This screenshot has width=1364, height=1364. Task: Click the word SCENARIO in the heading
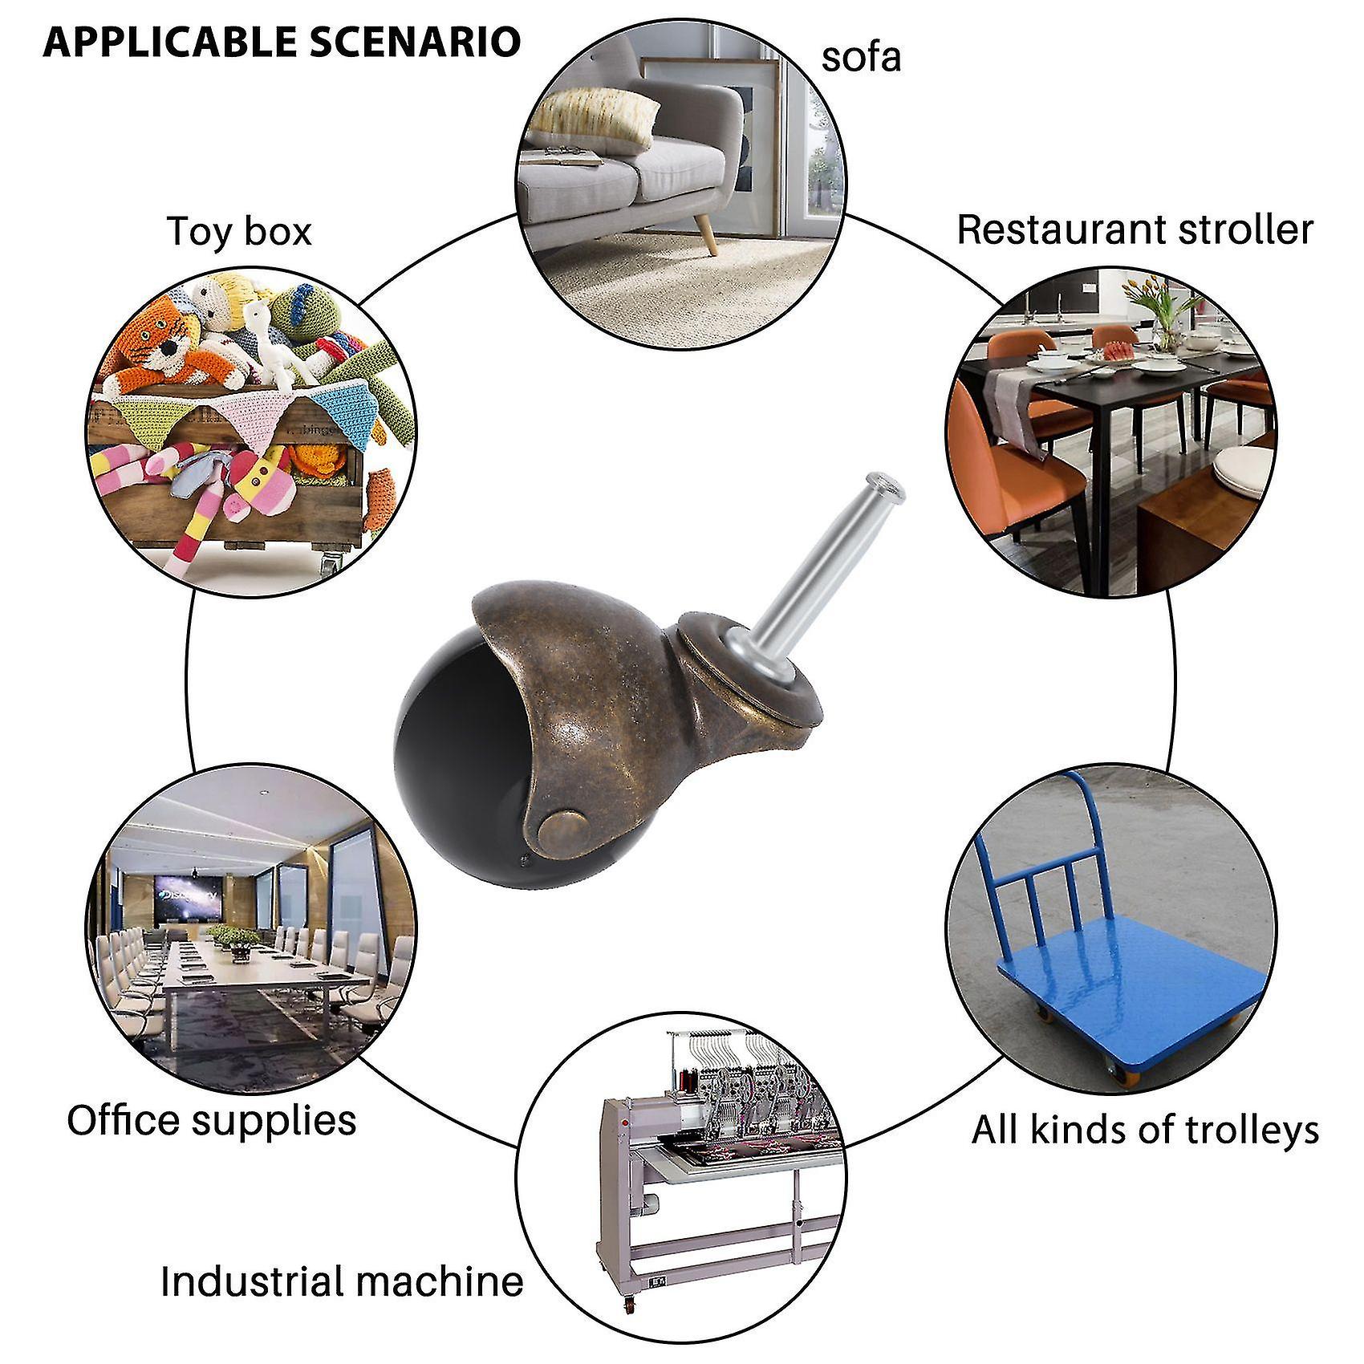coord(416,42)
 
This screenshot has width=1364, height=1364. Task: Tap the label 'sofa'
coord(861,58)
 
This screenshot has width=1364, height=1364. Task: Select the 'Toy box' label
coord(239,231)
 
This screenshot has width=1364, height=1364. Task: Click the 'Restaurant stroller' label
coord(1135,229)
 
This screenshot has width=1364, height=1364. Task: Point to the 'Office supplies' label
coord(212,1119)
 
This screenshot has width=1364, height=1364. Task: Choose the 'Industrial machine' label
coord(342,1281)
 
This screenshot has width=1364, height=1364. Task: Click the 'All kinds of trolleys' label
coord(1145,1130)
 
